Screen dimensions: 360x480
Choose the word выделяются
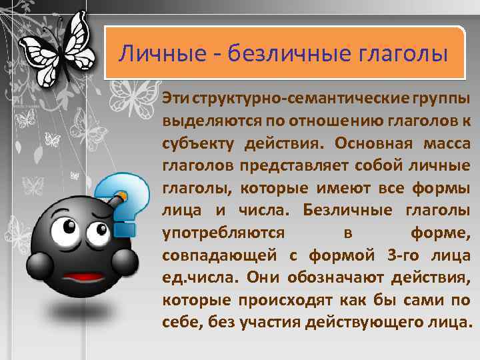204,121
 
